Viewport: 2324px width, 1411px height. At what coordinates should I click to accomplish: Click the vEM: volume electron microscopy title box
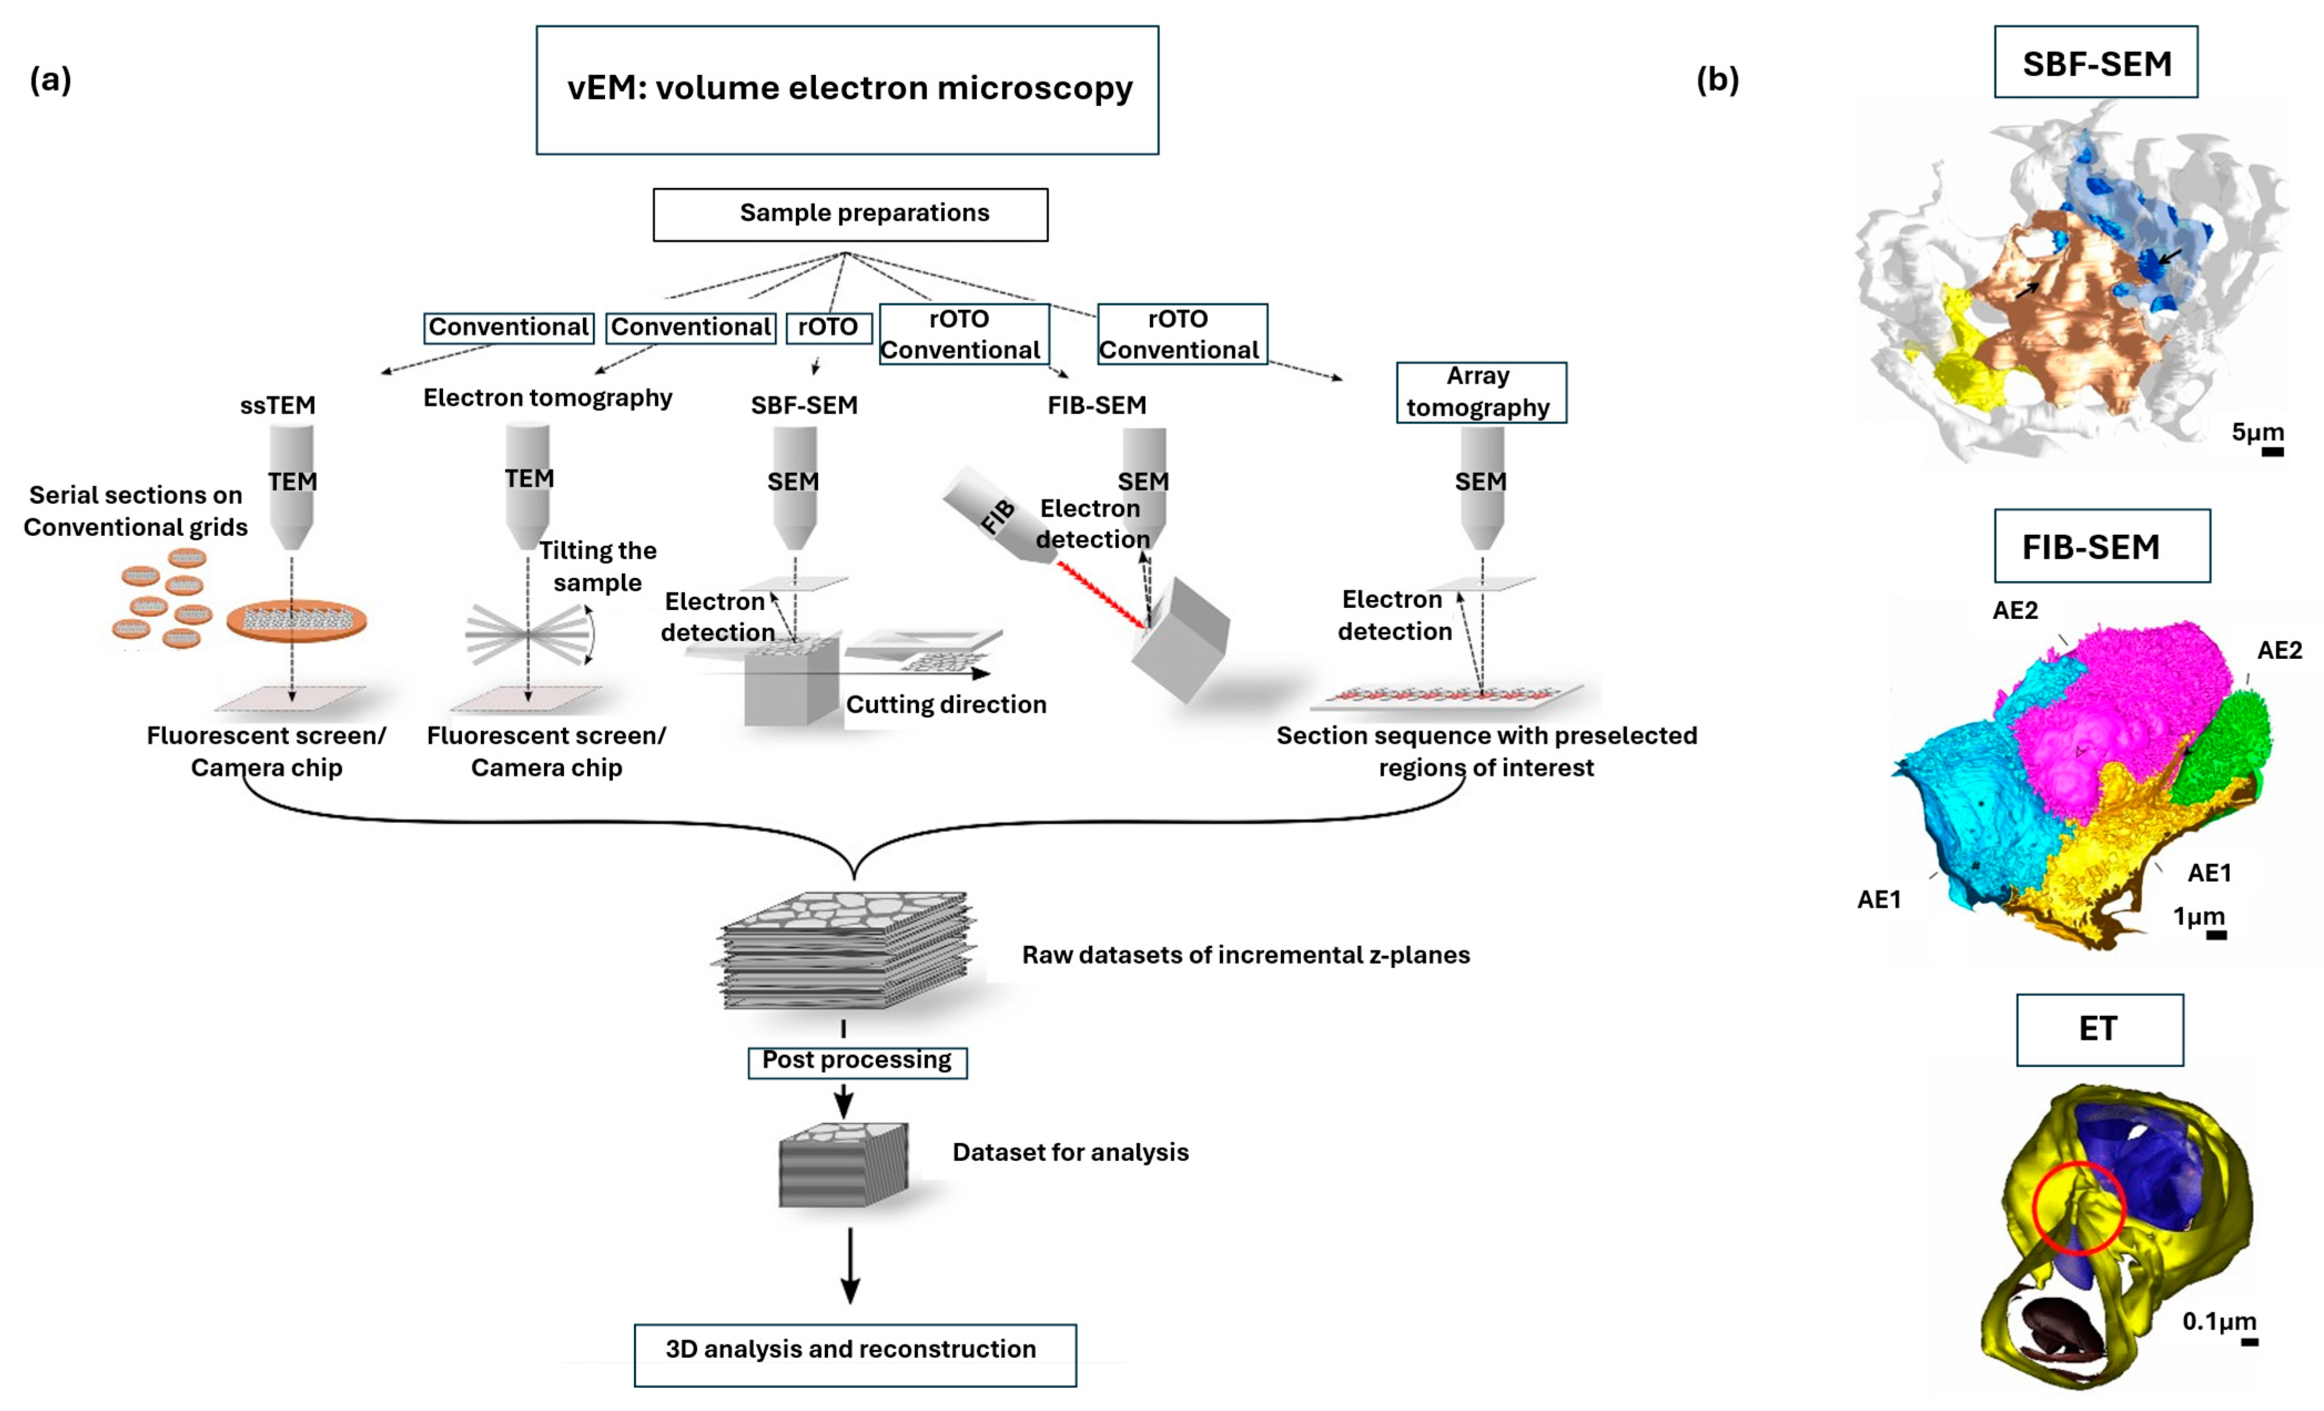[847, 90]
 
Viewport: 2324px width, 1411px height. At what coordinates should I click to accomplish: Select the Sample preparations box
[850, 214]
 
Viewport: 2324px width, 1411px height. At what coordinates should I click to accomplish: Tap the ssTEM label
[277, 405]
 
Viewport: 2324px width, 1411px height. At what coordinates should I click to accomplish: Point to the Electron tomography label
[547, 398]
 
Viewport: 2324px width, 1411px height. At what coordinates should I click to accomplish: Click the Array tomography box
[1481, 392]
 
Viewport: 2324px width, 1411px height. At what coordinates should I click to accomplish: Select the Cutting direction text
[946, 704]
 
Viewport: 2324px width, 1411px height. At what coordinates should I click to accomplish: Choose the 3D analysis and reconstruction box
[855, 1354]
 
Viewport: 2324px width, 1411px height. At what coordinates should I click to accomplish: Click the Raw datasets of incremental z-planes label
[1245, 956]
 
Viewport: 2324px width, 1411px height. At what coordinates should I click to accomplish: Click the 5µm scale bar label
[2257, 433]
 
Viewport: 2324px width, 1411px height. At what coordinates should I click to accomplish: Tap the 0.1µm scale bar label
[2219, 1321]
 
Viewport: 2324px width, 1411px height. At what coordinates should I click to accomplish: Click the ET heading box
[2099, 1029]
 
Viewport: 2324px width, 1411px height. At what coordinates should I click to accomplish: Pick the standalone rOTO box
[828, 327]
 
